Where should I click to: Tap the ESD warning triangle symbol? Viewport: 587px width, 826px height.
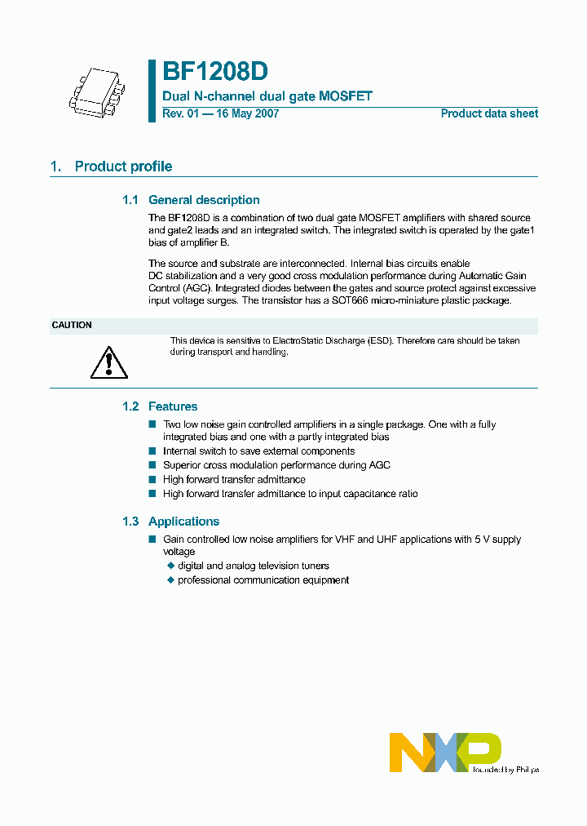click(104, 362)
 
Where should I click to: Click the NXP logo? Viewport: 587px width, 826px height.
click(445, 752)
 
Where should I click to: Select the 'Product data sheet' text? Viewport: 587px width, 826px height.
click(489, 114)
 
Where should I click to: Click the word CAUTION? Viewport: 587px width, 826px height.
click(72, 326)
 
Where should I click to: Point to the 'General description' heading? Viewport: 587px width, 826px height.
click(204, 200)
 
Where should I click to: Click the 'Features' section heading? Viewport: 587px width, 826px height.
click(173, 406)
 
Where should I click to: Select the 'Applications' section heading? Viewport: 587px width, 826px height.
click(183, 522)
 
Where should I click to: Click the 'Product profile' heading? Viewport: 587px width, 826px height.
click(123, 167)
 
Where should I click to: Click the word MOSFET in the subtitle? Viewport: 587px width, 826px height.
click(347, 96)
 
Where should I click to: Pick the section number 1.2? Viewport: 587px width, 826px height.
click(130, 406)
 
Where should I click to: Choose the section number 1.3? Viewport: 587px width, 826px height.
click(130, 522)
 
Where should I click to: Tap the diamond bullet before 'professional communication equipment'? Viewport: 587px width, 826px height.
click(171, 580)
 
